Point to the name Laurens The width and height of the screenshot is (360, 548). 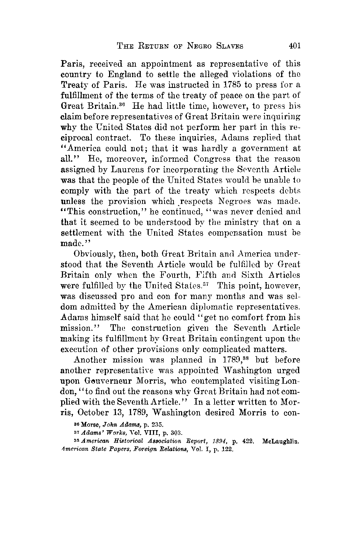pos(106,169)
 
